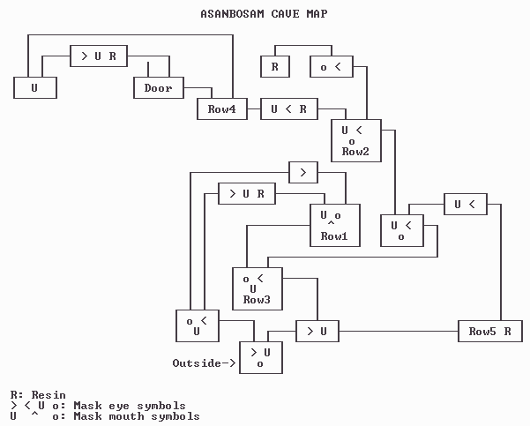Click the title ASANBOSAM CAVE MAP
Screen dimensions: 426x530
pyautogui.click(x=265, y=14)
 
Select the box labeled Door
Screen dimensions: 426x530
pyautogui.click(x=158, y=87)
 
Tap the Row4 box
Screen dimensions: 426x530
pyautogui.click(x=221, y=109)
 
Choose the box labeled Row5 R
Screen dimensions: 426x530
pyautogui.click(x=491, y=331)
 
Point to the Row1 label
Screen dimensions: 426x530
pyautogui.click(x=334, y=236)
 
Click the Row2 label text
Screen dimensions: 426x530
pyautogui.click(x=355, y=152)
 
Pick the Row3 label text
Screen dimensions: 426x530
pyautogui.click(x=257, y=300)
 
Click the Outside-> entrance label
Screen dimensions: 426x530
pyautogui.click(x=204, y=362)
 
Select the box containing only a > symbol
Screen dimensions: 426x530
pyautogui.click(x=302, y=172)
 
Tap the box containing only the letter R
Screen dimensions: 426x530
pyautogui.click(x=274, y=66)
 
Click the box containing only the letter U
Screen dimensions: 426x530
pyautogui.click(x=34, y=87)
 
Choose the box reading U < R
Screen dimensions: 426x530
pyautogui.click(x=288, y=109)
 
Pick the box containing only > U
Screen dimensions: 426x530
pyautogui.click(x=317, y=331)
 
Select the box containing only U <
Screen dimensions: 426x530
pyautogui.click(x=465, y=204)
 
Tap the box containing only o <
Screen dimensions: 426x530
pyautogui.click(x=331, y=66)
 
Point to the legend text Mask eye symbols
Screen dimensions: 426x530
pyautogui.click(x=130, y=406)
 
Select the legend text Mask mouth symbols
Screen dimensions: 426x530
pyautogui.click(x=137, y=416)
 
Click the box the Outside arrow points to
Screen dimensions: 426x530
pyautogui.click(x=260, y=356)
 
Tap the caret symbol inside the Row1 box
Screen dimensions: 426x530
pyautogui.click(x=331, y=224)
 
